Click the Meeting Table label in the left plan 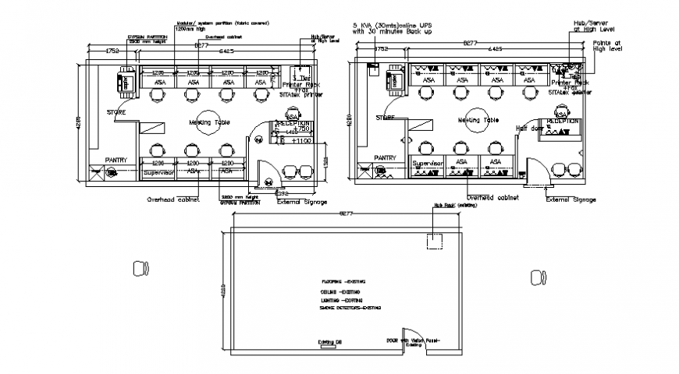click(x=208, y=123)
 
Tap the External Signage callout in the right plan click(x=571, y=199)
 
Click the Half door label click(x=528, y=128)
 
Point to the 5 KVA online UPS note click(x=403, y=29)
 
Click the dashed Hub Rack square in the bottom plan click(x=435, y=241)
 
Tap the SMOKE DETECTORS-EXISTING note click(x=350, y=309)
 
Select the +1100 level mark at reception click(x=300, y=141)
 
